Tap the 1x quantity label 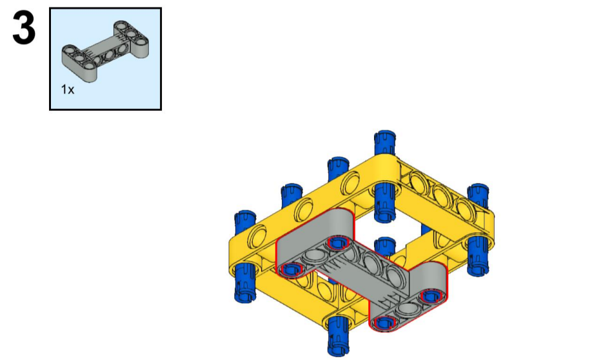click(x=68, y=90)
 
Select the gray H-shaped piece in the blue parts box click(x=105, y=51)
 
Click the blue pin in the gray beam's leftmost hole click(x=291, y=269)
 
